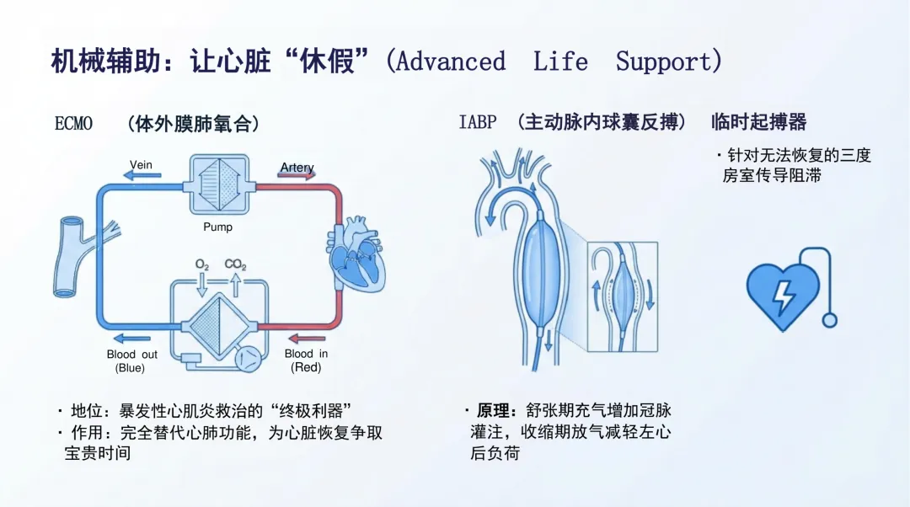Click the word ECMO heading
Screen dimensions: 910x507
[73, 124]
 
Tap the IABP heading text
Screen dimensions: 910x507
[478, 122]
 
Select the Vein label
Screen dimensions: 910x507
[141, 165]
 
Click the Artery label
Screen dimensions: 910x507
[297, 167]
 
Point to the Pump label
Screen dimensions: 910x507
[217, 227]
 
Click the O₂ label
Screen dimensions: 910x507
[202, 265]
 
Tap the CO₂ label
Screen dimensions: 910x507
[236, 264]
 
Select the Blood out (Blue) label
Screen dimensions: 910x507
[131, 360]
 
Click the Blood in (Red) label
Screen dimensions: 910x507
[306, 360]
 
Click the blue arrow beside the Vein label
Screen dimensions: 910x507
[142, 175]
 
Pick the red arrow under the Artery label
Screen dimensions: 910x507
[297, 174]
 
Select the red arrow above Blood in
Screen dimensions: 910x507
[307, 339]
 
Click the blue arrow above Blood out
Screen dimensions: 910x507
[131, 339]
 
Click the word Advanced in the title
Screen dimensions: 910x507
[451, 61]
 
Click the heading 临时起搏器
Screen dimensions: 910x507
[759, 122]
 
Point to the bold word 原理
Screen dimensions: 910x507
[493, 411]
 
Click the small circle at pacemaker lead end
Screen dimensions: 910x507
[829, 320]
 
